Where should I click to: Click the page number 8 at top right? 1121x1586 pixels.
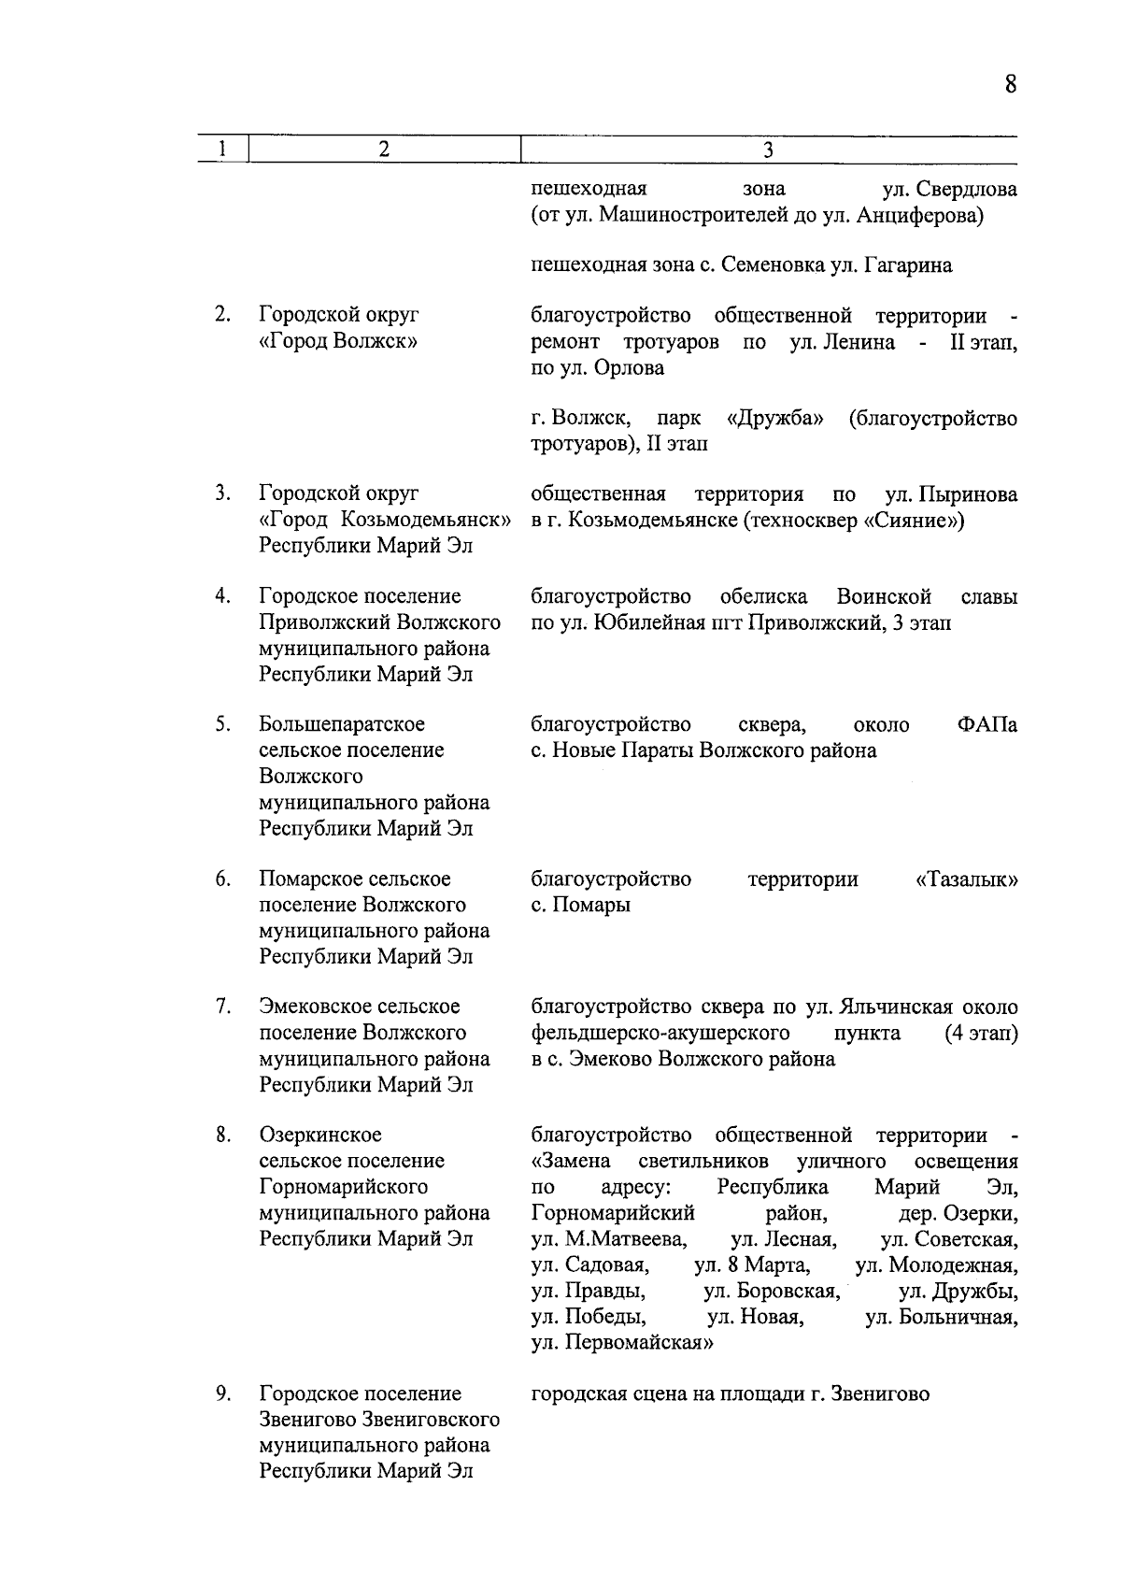click(1010, 85)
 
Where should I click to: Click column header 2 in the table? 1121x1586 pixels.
click(383, 150)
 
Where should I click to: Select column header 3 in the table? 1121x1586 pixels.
click(768, 150)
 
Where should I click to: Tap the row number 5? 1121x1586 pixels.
click(222, 724)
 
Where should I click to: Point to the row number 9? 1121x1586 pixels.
click(222, 1394)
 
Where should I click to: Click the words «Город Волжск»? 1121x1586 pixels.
click(337, 341)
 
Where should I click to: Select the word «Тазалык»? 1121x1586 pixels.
click(967, 879)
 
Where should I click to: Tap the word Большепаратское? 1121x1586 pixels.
click(342, 725)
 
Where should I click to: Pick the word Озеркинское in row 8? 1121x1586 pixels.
click(320, 1136)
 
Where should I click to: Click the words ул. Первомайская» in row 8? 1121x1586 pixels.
click(623, 1344)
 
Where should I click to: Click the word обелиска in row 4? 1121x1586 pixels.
click(764, 597)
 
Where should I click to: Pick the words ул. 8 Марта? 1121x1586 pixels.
click(752, 1266)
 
